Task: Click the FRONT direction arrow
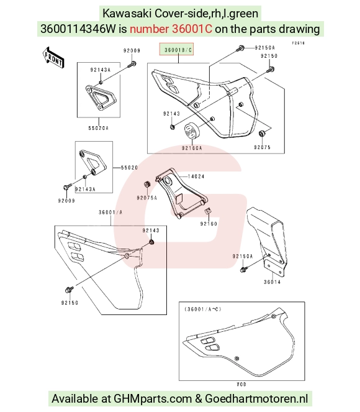[53, 57]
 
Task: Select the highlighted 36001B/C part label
[177, 49]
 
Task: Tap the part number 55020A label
[99, 128]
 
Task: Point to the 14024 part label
[196, 176]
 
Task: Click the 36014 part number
[272, 282]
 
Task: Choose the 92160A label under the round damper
[192, 148]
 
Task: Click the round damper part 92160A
[192, 131]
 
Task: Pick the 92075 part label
[262, 147]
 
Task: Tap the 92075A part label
[146, 198]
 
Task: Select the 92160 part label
[209, 224]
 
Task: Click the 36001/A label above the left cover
[110, 212]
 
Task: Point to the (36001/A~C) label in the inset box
[203, 309]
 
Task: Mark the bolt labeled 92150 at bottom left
[70, 290]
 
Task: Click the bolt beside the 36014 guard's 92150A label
[244, 269]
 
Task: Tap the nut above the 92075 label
[261, 134]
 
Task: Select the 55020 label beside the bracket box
[129, 167]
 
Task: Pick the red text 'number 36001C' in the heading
[171, 29]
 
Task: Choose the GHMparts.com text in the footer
[153, 398]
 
